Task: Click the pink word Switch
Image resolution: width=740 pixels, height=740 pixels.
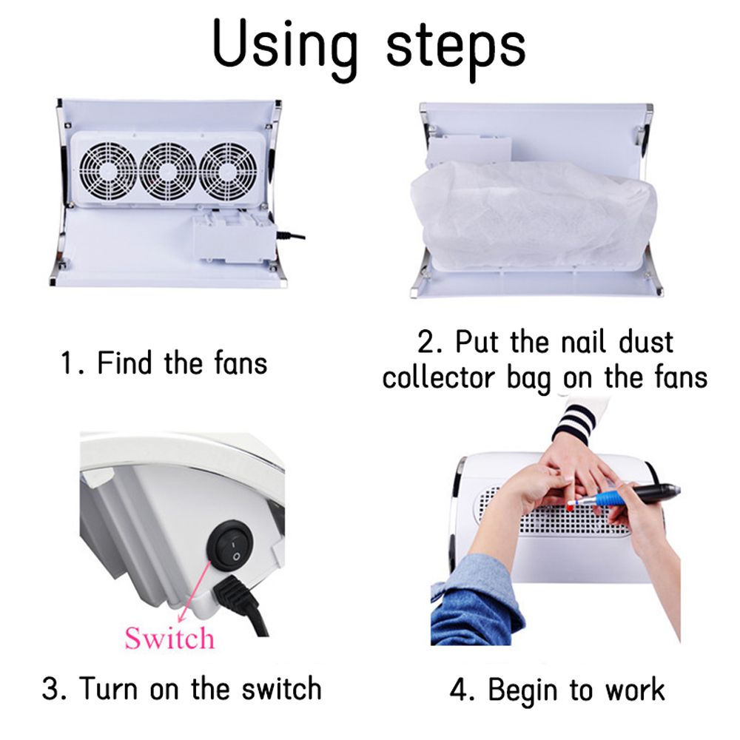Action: point(169,638)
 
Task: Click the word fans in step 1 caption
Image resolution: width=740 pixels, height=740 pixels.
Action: point(240,364)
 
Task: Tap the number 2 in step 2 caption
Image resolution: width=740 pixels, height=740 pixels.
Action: point(425,342)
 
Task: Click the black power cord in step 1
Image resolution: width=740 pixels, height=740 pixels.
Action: point(291,235)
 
